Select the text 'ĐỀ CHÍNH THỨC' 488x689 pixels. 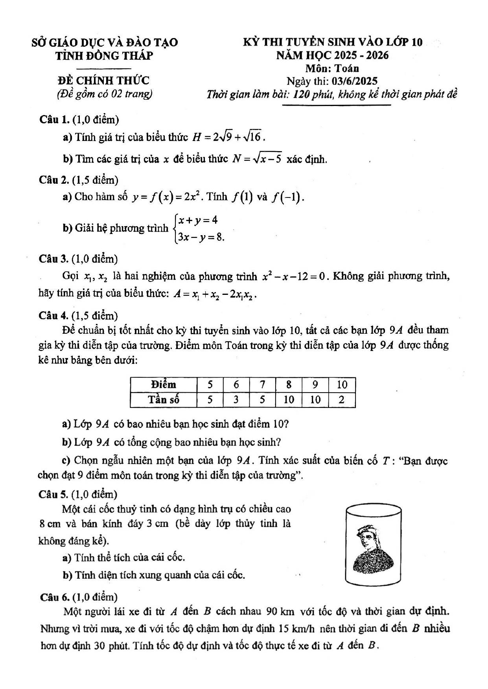click(103, 80)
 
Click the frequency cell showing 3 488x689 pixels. click(236, 400)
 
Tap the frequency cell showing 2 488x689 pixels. click(342, 400)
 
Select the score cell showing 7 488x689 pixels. click(262, 384)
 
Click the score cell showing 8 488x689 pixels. click(289, 384)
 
